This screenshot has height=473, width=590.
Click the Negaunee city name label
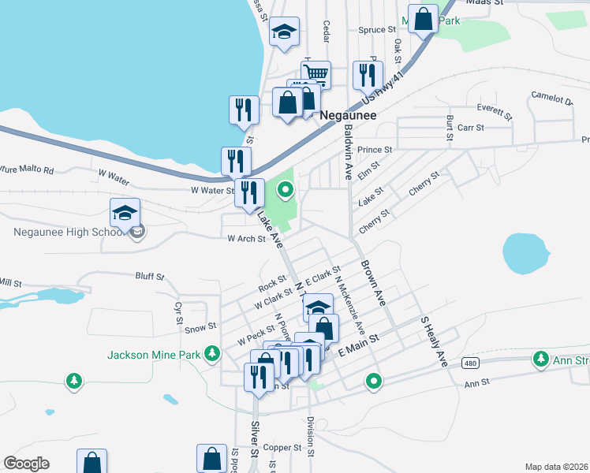pyautogui.click(x=349, y=114)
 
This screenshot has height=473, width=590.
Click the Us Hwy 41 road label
pyautogui.click(x=382, y=89)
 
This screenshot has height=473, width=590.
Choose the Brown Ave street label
pyautogui.click(x=373, y=284)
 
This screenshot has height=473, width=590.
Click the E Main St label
pyautogui.click(x=358, y=343)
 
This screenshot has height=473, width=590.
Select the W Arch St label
pyautogui.click(x=246, y=239)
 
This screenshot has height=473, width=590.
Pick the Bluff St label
pyautogui.click(x=149, y=277)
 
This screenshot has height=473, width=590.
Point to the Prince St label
pyautogui.click(x=374, y=150)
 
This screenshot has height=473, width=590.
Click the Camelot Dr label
pyautogui.click(x=552, y=99)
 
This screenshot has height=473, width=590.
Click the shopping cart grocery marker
pyautogui.click(x=316, y=74)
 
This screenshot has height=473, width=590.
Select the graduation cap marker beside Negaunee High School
pyautogui.click(x=125, y=213)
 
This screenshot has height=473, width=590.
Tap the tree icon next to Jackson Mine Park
pyautogui.click(x=211, y=355)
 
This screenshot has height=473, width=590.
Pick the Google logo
pyautogui.click(x=26, y=464)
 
